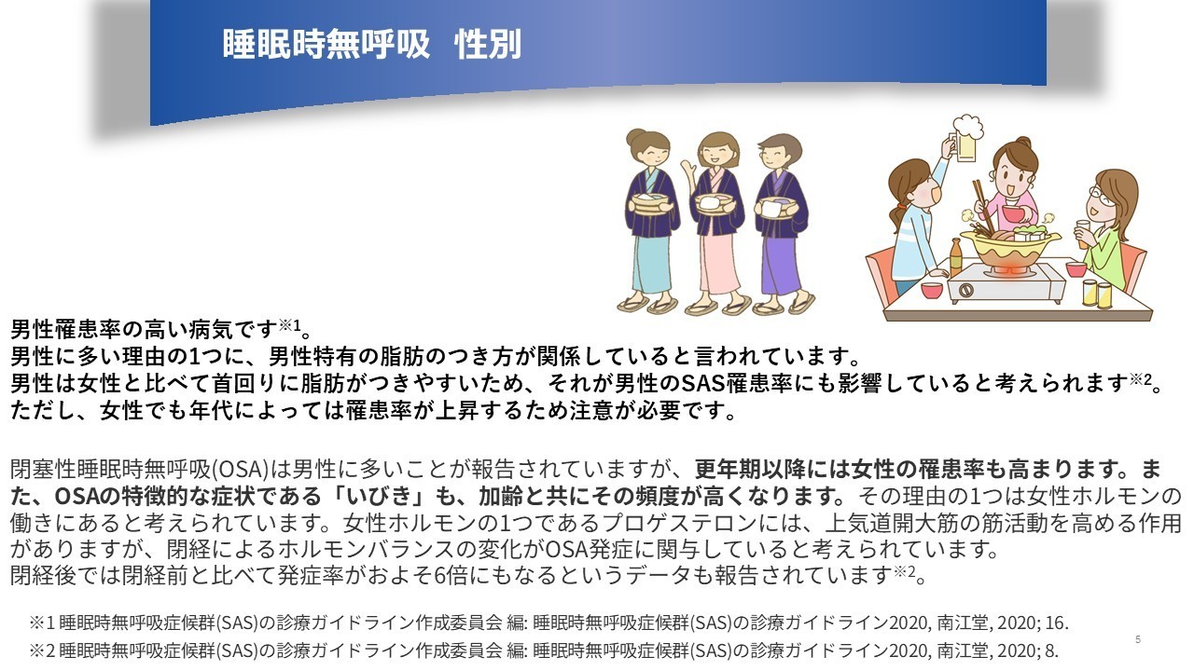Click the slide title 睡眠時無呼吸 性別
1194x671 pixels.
pyautogui.click(x=371, y=44)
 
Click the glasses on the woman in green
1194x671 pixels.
pyautogui.click(x=1102, y=196)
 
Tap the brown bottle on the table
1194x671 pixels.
pyautogui.click(x=956, y=258)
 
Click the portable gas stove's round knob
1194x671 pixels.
pyautogui.click(x=966, y=291)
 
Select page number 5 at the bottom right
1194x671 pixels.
pyautogui.click(x=1138, y=639)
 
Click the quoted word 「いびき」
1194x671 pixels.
pyautogui.click(x=381, y=496)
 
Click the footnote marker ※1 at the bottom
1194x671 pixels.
pyautogui.click(x=42, y=623)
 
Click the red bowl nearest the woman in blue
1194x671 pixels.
pyautogui.click(x=932, y=291)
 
